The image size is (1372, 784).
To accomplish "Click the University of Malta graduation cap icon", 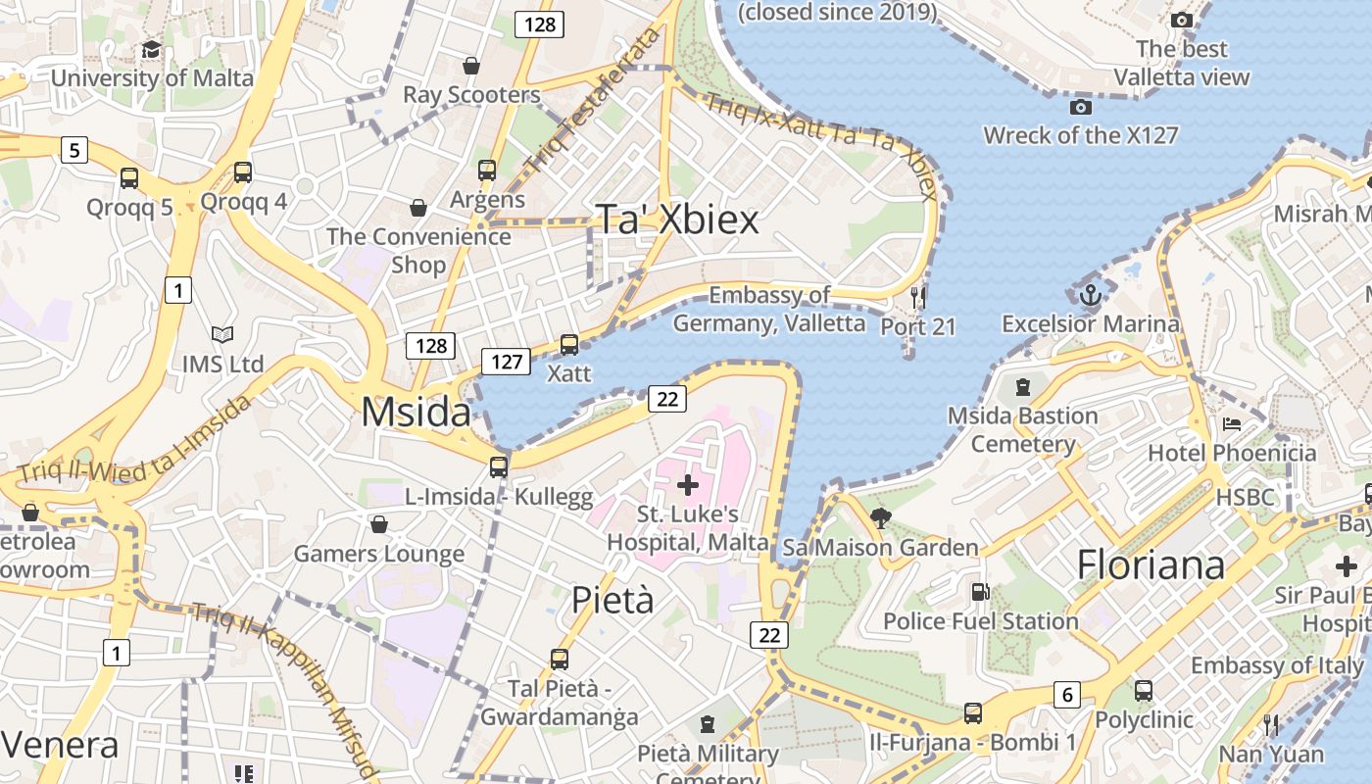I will pos(151,50).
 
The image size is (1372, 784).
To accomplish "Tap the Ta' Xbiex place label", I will pos(678,220).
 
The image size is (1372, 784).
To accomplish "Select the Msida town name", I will pos(416,413).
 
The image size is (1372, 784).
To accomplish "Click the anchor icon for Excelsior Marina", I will pos(1090,294).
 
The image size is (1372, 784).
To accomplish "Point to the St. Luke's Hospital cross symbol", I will pos(688,484).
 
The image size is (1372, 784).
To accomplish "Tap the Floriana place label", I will pos(1151,565).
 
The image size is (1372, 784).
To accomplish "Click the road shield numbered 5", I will pos(74,150).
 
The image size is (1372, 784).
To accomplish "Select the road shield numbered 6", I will pos(1067,695).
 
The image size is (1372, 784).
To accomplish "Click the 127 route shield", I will pos(506,362).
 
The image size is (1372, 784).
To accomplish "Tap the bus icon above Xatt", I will pos(568,345).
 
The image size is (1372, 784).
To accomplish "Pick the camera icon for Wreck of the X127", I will pos(1081,107).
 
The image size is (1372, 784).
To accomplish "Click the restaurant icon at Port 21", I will pos(918,296).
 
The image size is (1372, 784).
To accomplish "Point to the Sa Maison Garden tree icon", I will pos(880,518).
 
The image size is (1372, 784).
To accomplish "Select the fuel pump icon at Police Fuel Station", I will pos(979,592).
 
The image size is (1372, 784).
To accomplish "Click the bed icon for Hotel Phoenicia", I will pos(1232,424).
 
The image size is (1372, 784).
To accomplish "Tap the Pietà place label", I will pos(612,599).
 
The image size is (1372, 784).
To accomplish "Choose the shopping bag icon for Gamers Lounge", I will pos(379,525).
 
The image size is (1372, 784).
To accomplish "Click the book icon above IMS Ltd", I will pos(222,335).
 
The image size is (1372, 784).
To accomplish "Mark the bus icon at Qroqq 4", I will pos(243,172).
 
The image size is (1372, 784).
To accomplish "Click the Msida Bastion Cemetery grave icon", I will pos(1023,387).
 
